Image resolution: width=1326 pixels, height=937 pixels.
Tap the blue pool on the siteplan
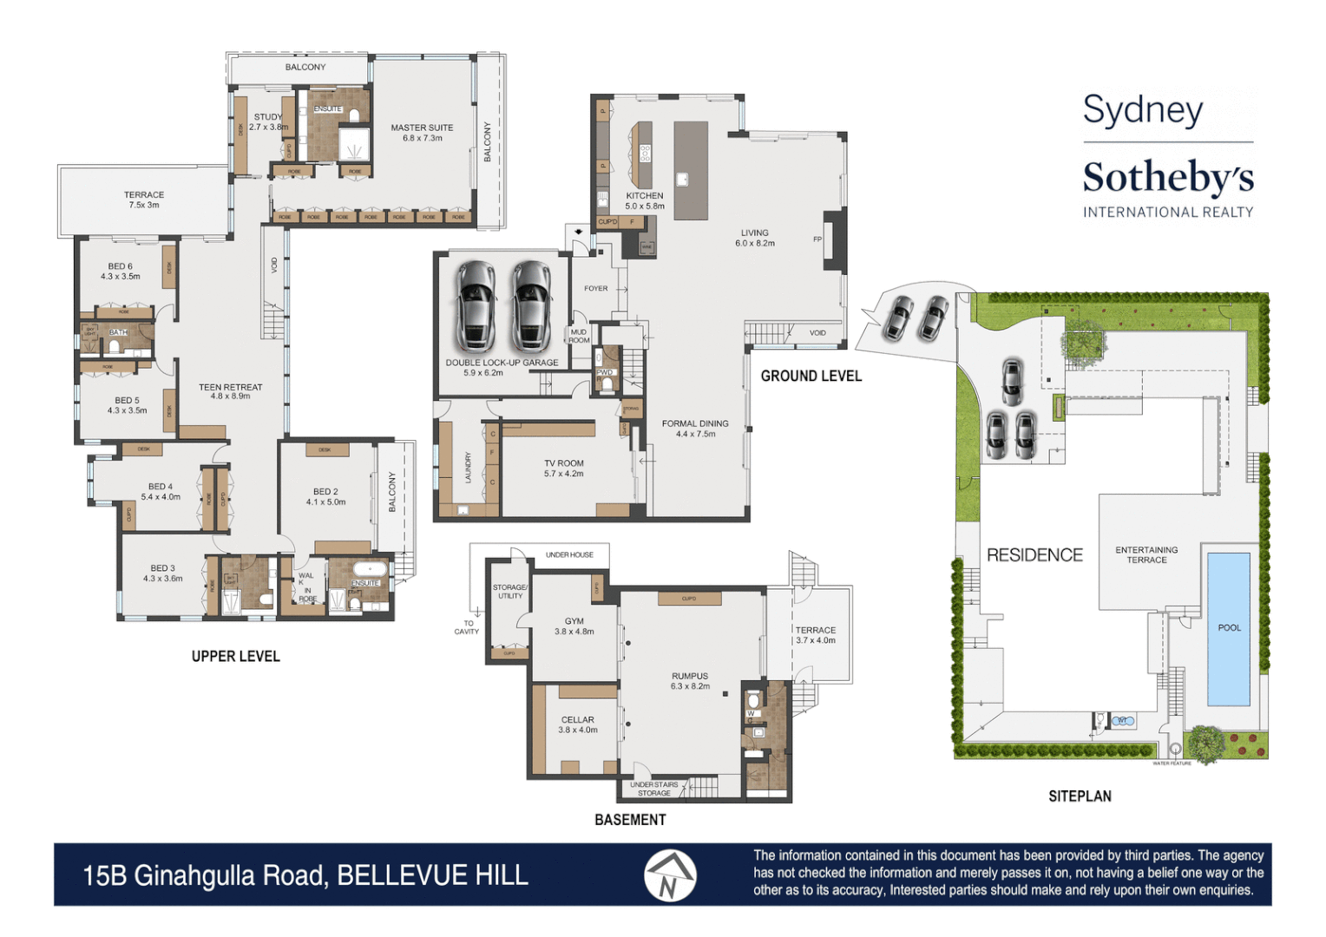click(1228, 628)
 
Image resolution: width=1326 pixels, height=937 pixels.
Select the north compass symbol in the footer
click(669, 875)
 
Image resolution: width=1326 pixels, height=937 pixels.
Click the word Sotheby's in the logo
click(1167, 178)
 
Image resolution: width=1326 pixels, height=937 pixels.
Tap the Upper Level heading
click(235, 657)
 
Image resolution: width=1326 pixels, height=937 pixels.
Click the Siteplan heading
click(1080, 796)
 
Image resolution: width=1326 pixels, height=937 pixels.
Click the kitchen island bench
click(691, 170)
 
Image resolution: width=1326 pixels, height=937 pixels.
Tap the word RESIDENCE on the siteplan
click(1034, 555)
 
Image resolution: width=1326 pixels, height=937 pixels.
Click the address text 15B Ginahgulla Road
click(206, 875)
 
